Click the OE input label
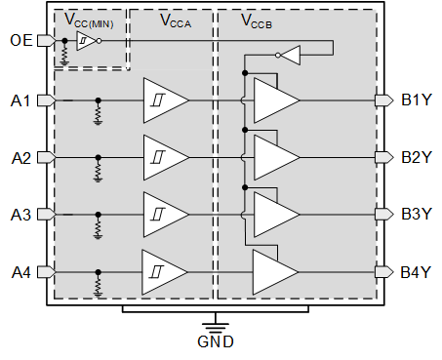(20, 41)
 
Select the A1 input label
(20, 100)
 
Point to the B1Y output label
(418, 100)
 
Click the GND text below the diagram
(215, 342)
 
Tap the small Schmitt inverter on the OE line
(86, 42)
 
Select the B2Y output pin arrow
(383, 157)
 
